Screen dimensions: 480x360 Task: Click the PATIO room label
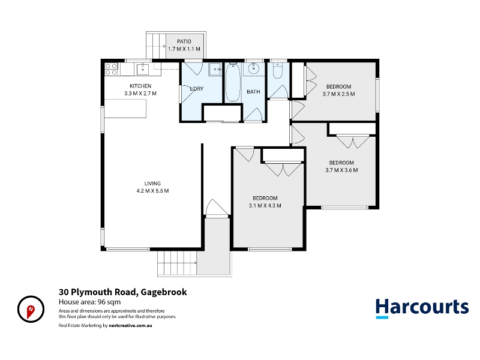click(184, 41)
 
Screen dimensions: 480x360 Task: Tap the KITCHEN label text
click(140, 86)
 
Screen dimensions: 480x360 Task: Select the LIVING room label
click(152, 184)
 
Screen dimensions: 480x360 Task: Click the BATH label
click(253, 92)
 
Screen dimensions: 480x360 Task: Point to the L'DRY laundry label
click(197, 89)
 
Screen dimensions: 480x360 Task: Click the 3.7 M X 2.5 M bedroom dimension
click(338, 94)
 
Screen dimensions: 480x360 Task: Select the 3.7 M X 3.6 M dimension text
click(341, 170)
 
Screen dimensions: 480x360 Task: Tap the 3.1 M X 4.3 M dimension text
click(265, 205)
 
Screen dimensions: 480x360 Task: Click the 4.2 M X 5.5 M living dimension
click(152, 191)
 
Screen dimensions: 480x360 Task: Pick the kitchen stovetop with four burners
click(111, 69)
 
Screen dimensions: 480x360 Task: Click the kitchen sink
click(143, 69)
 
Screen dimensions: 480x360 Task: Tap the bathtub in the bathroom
click(233, 82)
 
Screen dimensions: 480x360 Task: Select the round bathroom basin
click(254, 68)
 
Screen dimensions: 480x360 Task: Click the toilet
click(278, 70)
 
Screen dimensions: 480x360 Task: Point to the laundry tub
click(215, 69)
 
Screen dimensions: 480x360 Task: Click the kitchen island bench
click(125, 109)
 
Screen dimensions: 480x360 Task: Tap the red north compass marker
click(31, 311)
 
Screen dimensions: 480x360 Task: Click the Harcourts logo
click(422, 308)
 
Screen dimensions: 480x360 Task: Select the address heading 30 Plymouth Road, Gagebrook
click(123, 292)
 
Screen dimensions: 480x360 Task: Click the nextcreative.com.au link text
click(130, 325)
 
